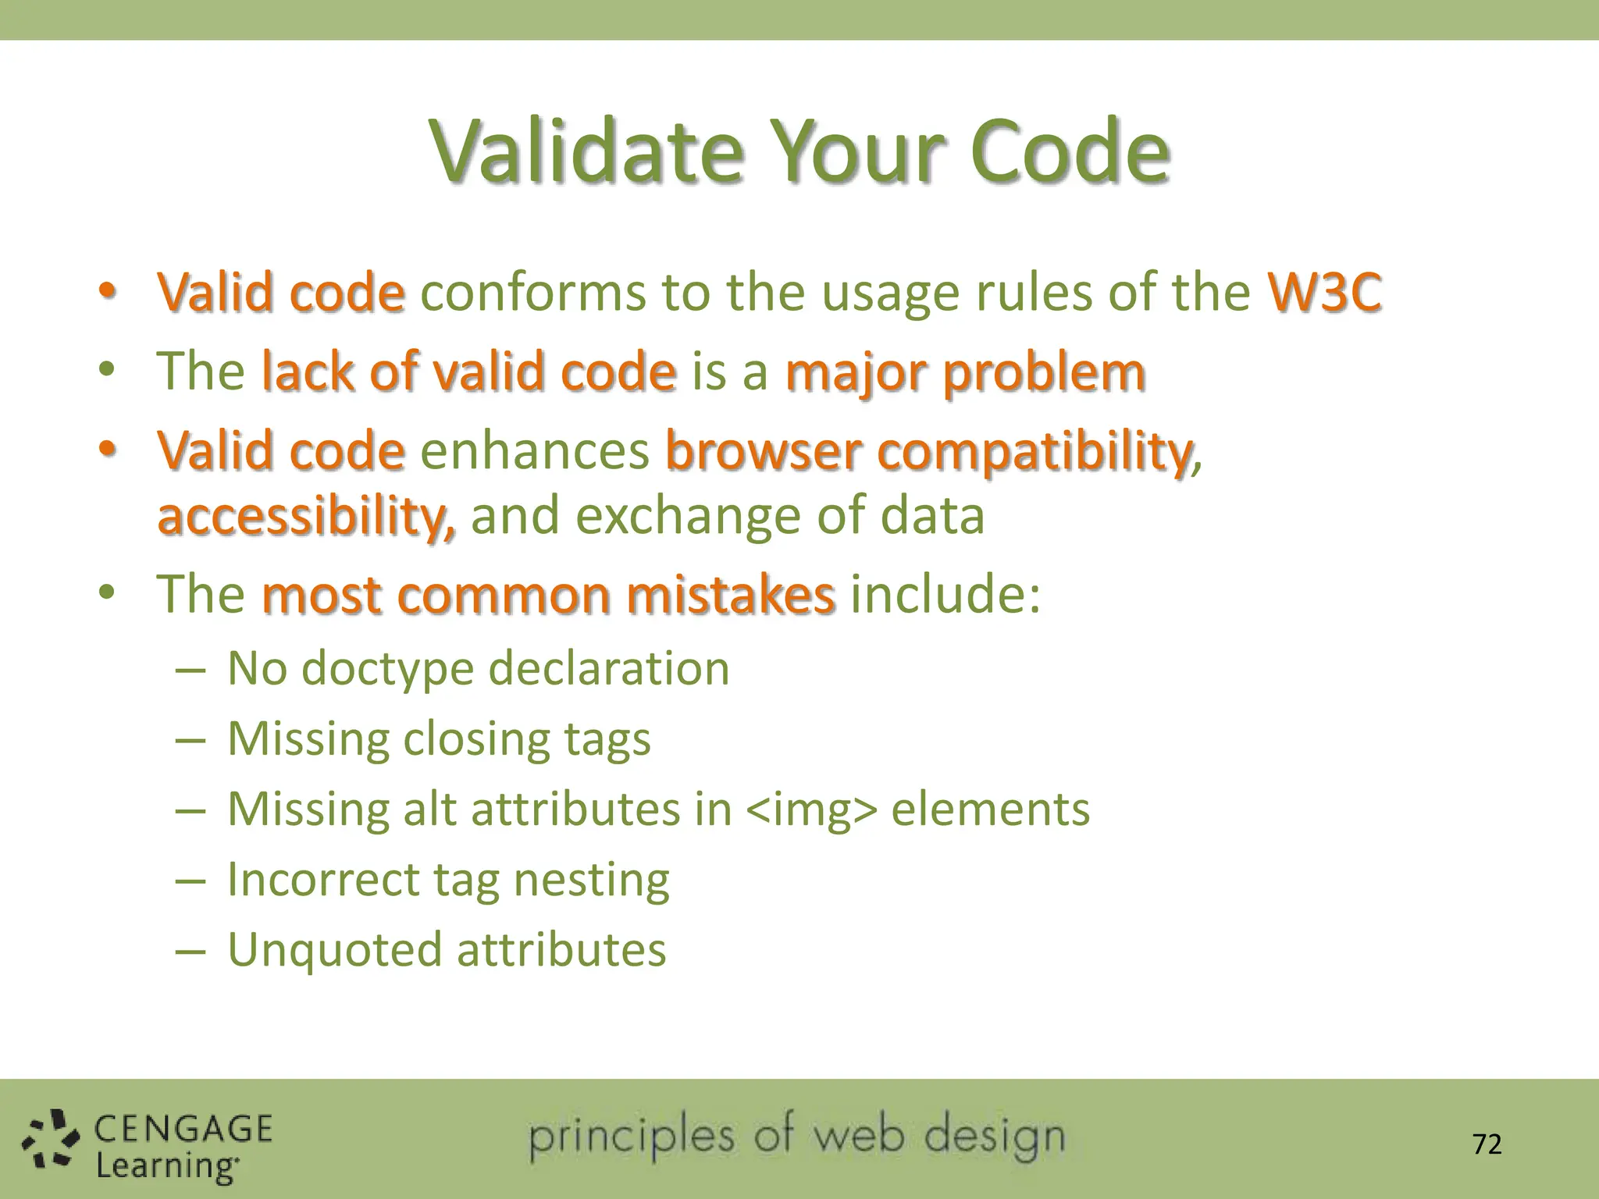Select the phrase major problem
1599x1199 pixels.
(965, 372)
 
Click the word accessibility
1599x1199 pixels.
(305, 516)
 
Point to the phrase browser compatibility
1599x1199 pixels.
(929, 451)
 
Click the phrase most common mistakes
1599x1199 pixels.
(548, 595)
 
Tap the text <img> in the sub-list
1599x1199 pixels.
(811, 809)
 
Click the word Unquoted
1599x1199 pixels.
(334, 950)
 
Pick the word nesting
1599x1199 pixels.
(591, 880)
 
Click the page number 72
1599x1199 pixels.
(1487, 1144)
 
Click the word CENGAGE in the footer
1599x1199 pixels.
(183, 1130)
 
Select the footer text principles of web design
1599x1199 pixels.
(796, 1137)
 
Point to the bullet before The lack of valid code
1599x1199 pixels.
(107, 368)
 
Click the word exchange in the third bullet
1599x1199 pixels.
(688, 516)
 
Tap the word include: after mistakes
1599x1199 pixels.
(945, 595)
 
